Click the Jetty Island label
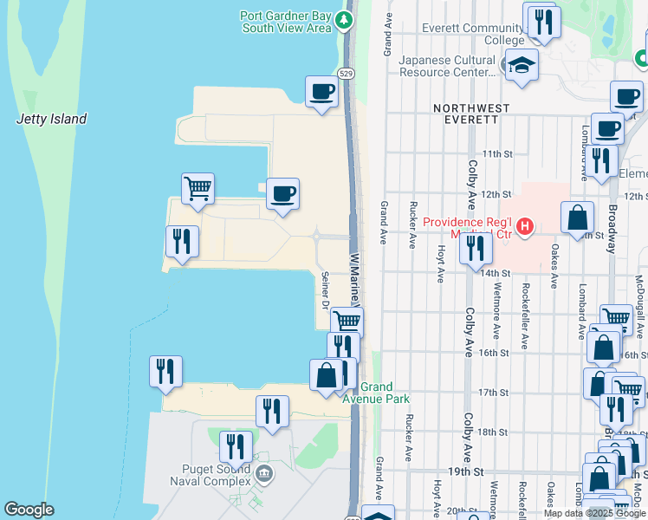point(52,119)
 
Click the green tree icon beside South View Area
point(347,19)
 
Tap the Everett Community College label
point(473,34)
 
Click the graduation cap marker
point(521,66)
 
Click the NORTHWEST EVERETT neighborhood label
point(472,114)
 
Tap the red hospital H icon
point(524,228)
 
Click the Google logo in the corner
point(29,510)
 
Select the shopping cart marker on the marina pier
point(198,188)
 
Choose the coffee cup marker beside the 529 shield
point(321,91)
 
